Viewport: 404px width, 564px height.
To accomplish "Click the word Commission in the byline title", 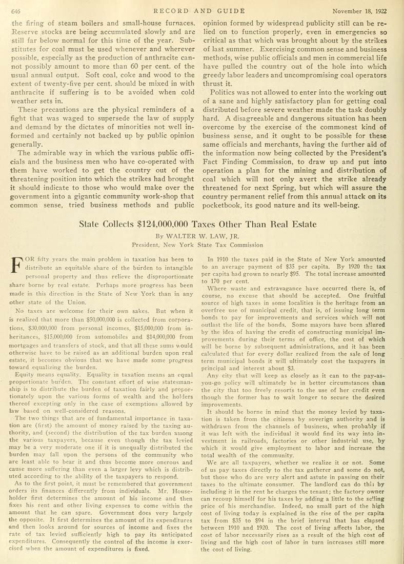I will (245, 245).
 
